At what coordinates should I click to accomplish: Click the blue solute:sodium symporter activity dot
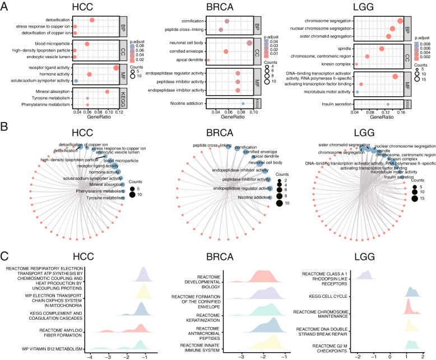[x=76, y=81]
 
